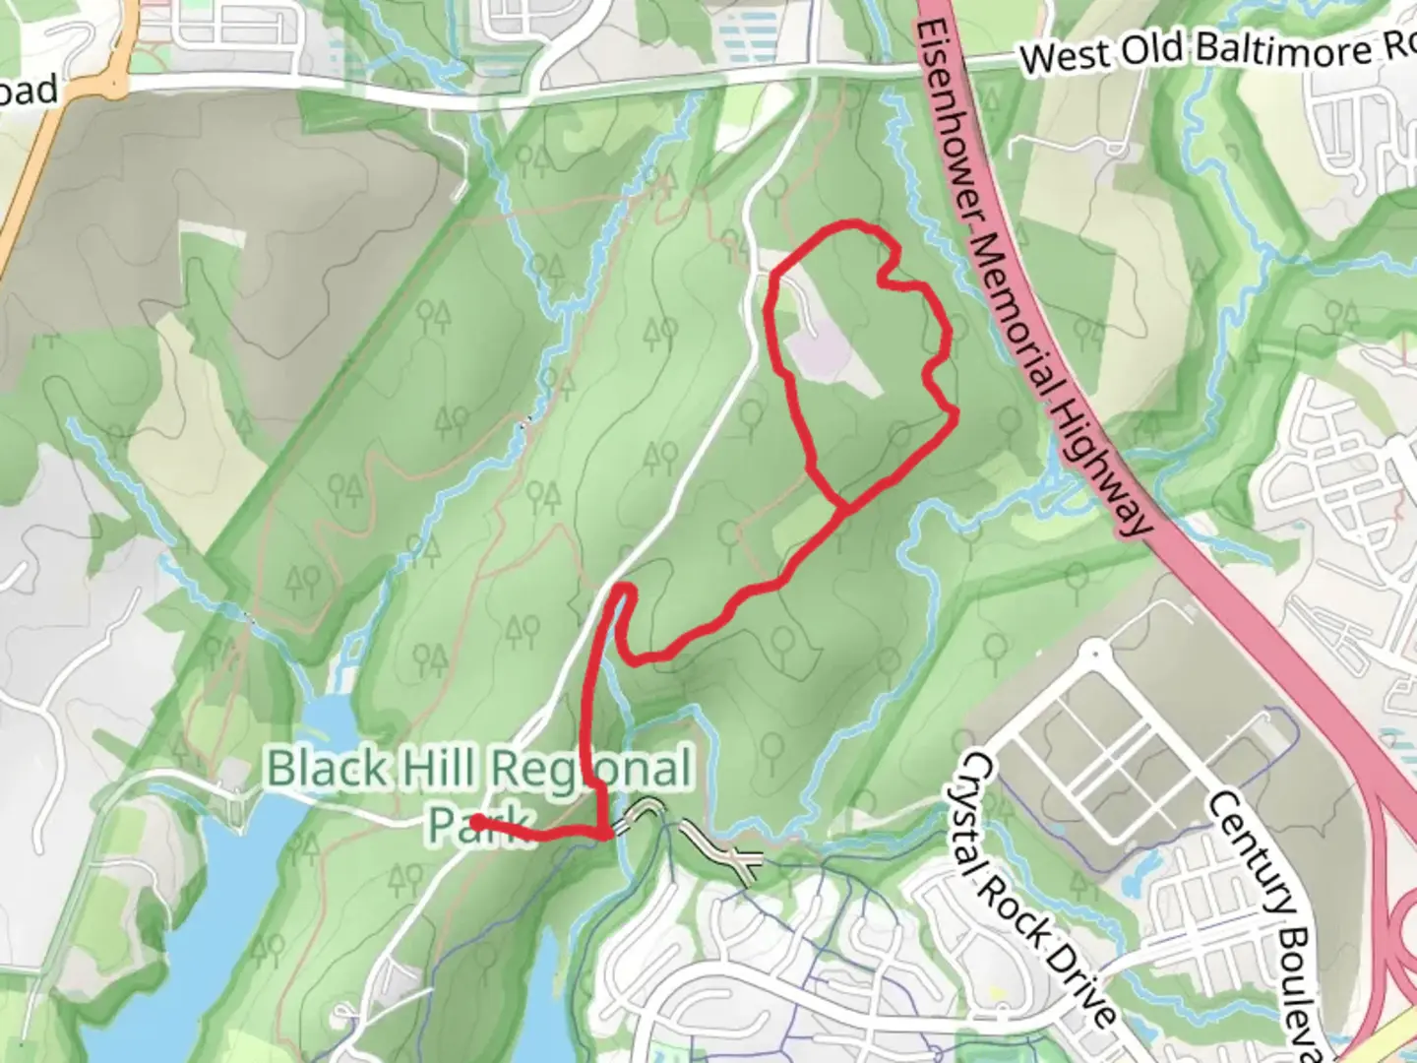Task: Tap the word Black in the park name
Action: point(324,769)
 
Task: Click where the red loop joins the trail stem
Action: point(841,508)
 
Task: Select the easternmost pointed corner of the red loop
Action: point(955,418)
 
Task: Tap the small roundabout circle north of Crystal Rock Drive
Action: point(1092,652)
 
